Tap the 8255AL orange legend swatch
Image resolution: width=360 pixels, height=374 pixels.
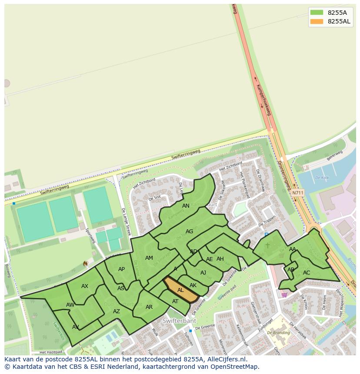(317, 21)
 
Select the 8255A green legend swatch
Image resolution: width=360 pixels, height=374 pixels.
(317, 13)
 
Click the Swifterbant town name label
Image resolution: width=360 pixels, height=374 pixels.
(180, 321)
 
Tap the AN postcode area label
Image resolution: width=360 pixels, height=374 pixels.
(186, 206)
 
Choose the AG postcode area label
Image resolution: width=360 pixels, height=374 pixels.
(189, 232)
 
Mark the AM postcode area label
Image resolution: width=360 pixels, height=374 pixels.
(149, 258)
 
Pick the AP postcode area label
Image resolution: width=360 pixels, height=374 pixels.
(121, 269)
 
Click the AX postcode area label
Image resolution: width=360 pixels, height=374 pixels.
(85, 286)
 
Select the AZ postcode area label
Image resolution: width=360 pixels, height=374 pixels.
(117, 311)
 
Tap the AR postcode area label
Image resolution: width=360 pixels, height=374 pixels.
(149, 307)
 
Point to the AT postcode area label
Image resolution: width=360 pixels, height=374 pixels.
(175, 301)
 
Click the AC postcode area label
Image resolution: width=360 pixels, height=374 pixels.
(307, 273)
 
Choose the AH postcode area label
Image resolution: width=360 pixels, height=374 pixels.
(220, 259)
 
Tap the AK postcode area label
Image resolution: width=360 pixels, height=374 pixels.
(193, 285)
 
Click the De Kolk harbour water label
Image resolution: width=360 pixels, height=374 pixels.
(322, 178)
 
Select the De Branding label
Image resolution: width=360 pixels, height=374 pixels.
(279, 332)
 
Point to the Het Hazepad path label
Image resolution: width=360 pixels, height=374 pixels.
(51, 352)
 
